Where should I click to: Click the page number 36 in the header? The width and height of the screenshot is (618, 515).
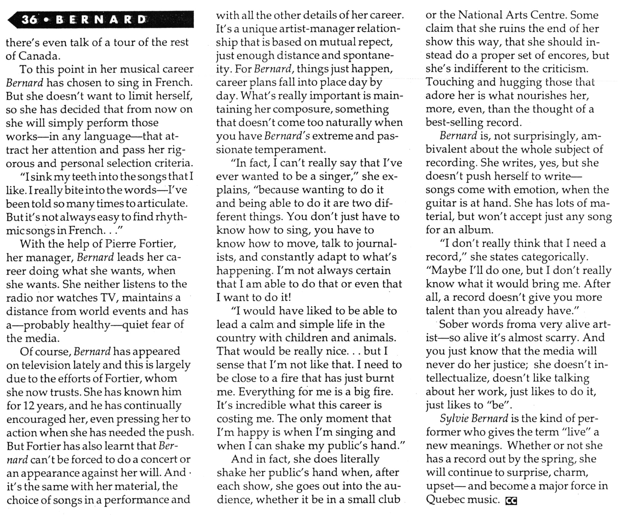point(29,20)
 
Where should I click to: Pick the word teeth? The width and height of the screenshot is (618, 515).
point(84,177)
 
